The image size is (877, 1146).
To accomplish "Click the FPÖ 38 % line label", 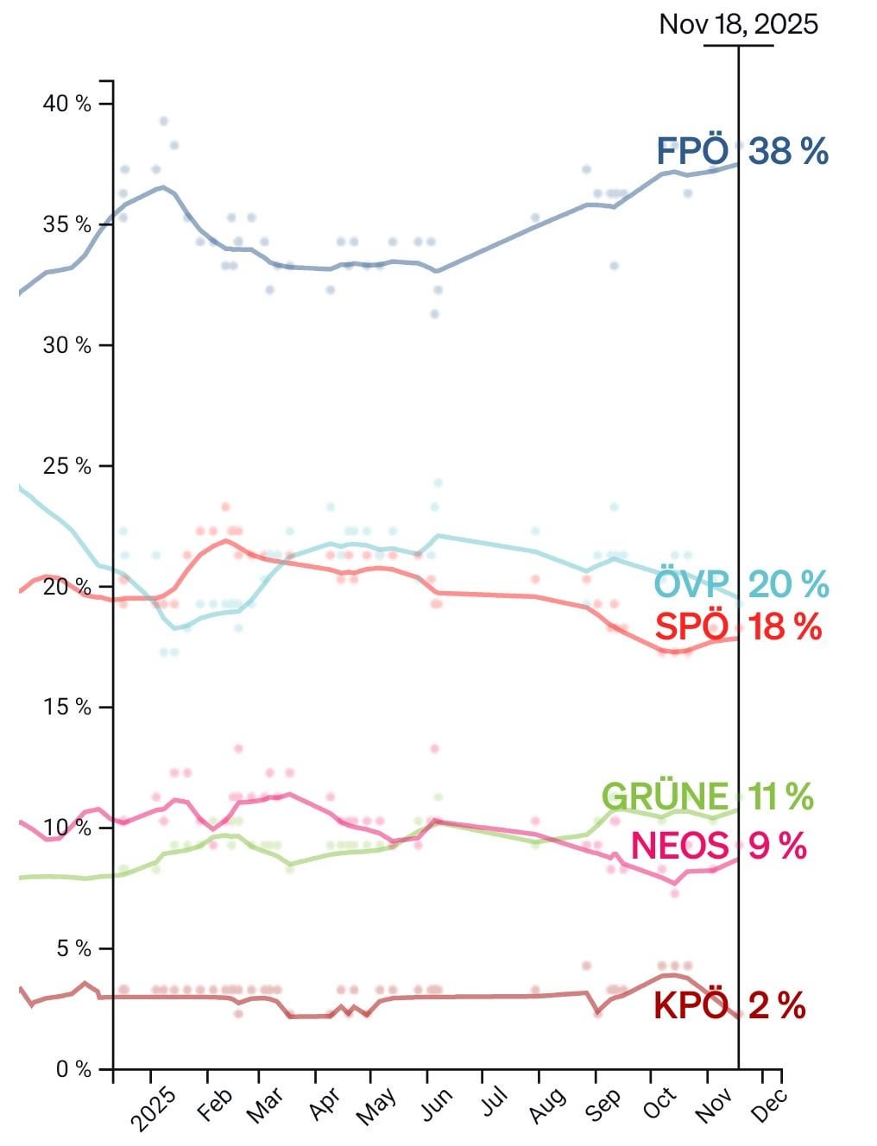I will click(x=742, y=152).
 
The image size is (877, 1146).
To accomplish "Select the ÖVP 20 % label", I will click(x=741, y=585).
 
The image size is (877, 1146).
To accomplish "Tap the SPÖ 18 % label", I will click(x=738, y=627).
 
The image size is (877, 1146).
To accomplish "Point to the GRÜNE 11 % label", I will click(x=707, y=797).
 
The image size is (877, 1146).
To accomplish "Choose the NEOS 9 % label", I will click(x=718, y=846).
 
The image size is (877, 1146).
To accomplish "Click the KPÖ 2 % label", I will click(x=729, y=1006).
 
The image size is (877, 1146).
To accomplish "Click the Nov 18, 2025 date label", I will click(x=738, y=23).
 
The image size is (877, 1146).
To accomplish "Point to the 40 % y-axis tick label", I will click(x=66, y=104).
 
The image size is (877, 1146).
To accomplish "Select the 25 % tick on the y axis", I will click(x=66, y=466).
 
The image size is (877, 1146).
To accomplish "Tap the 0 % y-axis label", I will click(x=73, y=1069).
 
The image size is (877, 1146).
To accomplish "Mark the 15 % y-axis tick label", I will click(x=66, y=707).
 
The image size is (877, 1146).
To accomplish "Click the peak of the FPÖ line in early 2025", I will click(x=162, y=186).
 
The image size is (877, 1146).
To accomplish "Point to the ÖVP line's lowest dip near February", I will click(x=175, y=628).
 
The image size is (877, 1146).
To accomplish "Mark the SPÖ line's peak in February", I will click(x=226, y=540).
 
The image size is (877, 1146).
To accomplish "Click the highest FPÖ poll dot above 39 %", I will click(x=163, y=121).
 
